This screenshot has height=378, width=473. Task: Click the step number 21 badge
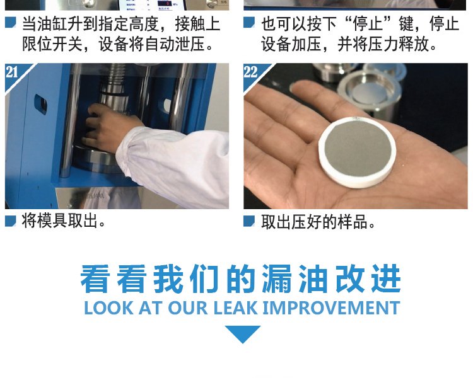12,72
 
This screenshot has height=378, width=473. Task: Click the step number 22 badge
250,72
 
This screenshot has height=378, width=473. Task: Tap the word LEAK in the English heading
236,308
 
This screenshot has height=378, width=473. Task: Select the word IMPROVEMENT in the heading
332,308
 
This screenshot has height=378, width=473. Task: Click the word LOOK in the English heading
108,308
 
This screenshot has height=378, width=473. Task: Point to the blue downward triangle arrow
243,334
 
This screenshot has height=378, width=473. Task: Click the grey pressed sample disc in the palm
358,152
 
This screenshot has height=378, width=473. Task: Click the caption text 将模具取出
63,221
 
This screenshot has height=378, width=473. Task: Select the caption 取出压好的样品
318,222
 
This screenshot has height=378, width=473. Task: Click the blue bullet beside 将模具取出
11,221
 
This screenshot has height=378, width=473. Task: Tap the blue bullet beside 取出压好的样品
249,221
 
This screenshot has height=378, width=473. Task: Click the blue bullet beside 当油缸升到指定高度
11,23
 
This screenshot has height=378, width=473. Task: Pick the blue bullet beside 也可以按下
249,23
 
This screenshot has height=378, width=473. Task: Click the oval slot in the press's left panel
40,104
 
